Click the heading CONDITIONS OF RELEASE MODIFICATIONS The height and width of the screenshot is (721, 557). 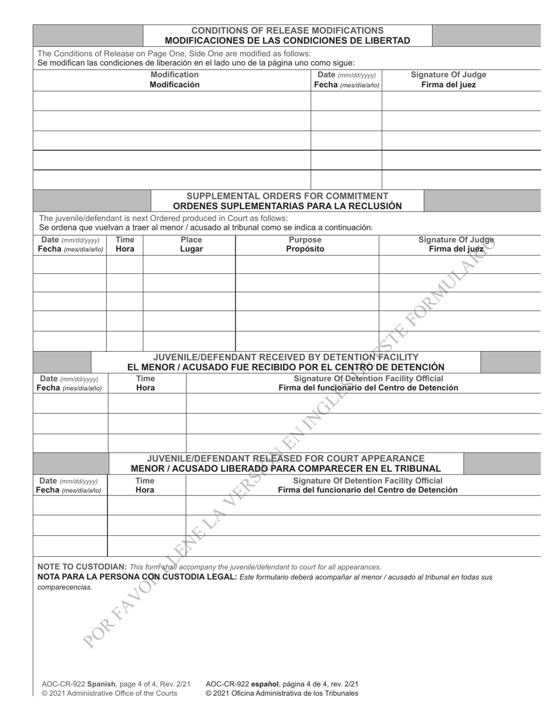(x=287, y=30)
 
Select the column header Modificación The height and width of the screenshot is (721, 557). (x=174, y=84)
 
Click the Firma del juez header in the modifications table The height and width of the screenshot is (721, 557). (x=448, y=84)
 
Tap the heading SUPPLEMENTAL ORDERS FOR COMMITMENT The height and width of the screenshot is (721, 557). (x=287, y=195)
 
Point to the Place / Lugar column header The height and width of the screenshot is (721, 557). (x=191, y=244)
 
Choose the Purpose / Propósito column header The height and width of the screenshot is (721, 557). (x=305, y=244)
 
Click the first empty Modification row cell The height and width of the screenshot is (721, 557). (x=171, y=101)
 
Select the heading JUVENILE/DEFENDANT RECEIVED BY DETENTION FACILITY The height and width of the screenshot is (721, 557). (x=286, y=356)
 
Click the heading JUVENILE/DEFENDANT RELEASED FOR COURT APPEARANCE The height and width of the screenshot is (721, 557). (x=286, y=458)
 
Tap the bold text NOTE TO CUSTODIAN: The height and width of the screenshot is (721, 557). (x=81, y=567)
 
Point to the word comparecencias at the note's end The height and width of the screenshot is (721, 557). (x=64, y=587)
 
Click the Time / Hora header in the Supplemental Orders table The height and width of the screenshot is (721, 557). (x=124, y=244)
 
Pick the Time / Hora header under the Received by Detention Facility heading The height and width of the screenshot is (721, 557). (x=145, y=383)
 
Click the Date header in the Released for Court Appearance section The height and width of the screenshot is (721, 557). (x=69, y=485)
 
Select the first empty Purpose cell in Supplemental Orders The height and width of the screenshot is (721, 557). (x=307, y=265)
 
